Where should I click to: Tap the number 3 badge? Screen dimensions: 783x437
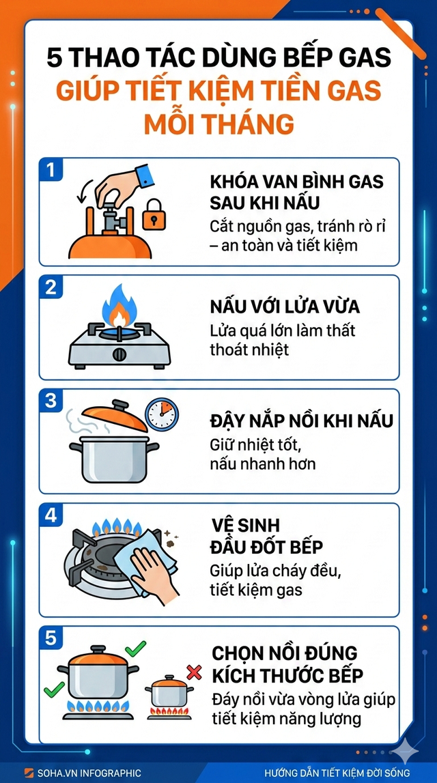(49, 400)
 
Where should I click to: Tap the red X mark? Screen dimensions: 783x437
(194, 673)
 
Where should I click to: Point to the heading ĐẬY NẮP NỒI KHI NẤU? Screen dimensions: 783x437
(301, 421)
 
